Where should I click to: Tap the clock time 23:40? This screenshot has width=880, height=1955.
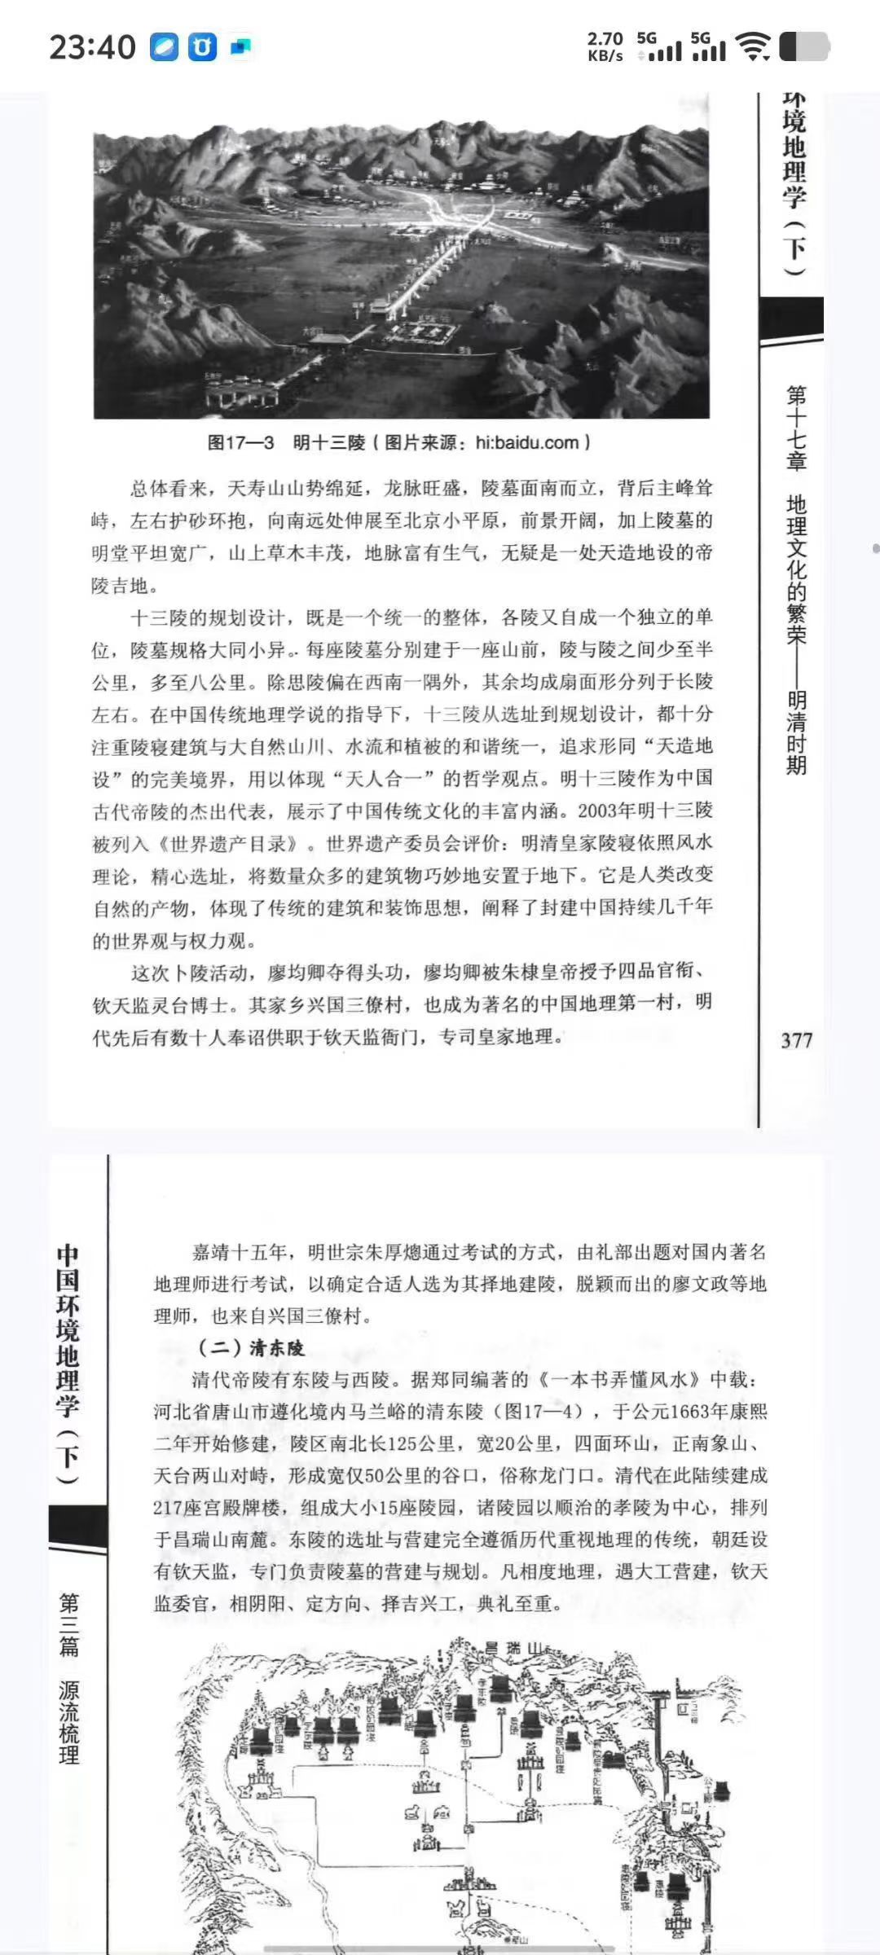click(x=92, y=47)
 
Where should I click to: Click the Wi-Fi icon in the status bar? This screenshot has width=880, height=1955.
click(x=753, y=47)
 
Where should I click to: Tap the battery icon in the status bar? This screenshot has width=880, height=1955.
click(x=804, y=47)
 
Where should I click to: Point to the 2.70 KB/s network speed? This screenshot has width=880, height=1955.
click(x=605, y=47)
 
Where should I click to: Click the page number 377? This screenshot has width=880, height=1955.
click(x=796, y=1040)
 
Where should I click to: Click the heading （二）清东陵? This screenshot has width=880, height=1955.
click(x=252, y=1348)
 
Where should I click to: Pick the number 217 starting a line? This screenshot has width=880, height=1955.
click(x=170, y=1508)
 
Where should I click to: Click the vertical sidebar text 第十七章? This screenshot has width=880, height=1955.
click(x=796, y=429)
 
